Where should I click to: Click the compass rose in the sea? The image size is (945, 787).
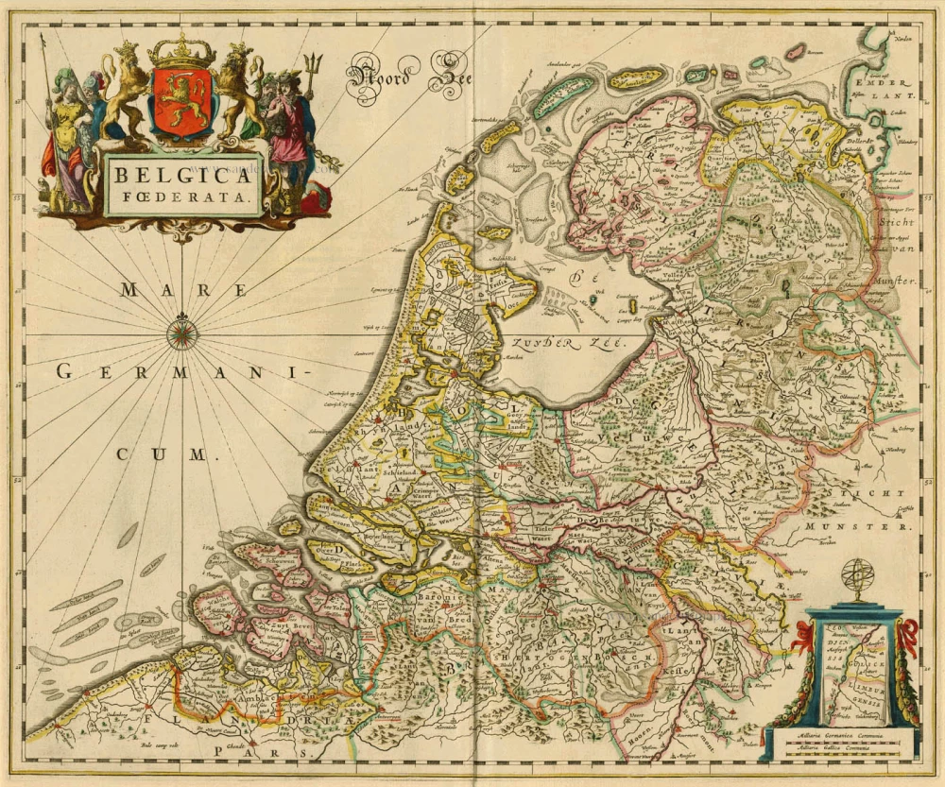181,333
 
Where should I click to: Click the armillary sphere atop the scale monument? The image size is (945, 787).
859,579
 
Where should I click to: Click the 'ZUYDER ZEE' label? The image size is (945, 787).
558,344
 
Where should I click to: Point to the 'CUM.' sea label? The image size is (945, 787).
161,454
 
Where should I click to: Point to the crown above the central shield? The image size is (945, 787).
182,51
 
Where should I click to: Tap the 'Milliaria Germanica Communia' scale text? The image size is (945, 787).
843,733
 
